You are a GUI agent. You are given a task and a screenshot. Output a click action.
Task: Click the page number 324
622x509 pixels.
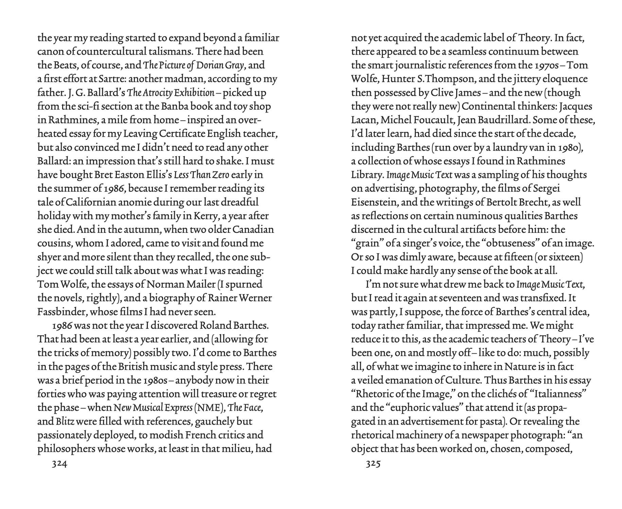pyautogui.click(x=59, y=464)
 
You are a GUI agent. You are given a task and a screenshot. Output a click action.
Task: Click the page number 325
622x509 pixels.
pyautogui.click(x=373, y=464)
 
